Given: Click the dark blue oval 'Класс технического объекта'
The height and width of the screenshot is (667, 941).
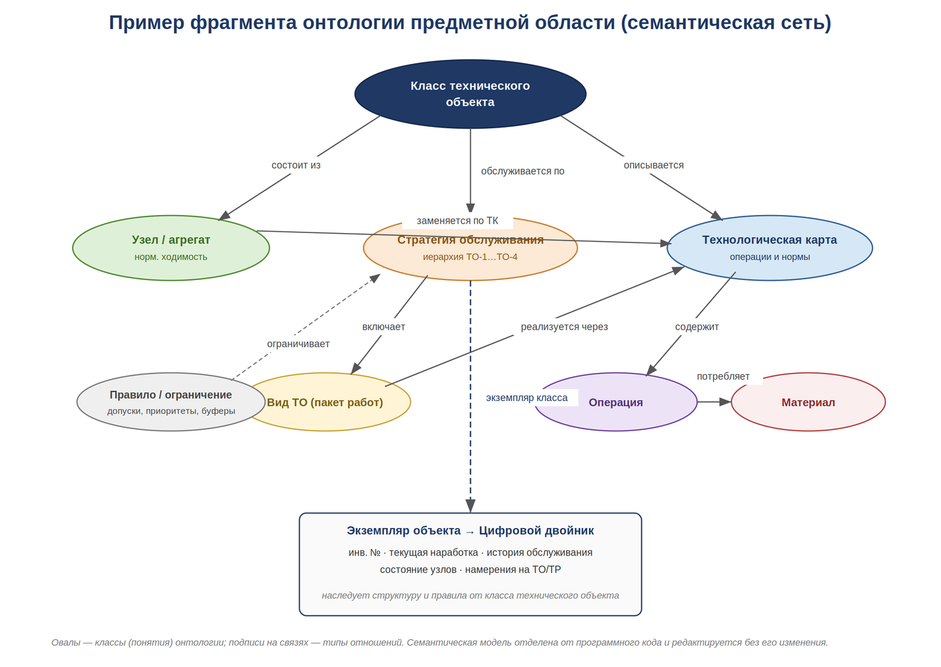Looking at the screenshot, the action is pos(470,93).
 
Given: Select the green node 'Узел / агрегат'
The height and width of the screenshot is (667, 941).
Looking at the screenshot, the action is pos(171,248).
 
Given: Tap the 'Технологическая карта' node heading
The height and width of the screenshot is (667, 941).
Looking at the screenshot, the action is pos(770,240).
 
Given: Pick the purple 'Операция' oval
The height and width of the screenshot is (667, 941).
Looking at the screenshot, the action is pos(616,402).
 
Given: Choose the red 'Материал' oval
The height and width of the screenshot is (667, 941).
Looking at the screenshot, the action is pos(808,402).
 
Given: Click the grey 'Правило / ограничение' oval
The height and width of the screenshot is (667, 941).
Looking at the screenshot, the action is pos(171,402).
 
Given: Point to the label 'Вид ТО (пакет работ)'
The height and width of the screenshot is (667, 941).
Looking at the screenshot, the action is pos(325,402).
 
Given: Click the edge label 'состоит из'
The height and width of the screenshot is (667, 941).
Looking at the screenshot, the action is pos(296,165).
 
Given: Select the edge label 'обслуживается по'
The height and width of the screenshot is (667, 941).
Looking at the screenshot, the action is pos(523,171).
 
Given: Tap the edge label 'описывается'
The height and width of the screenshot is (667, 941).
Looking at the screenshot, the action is pos(653,165).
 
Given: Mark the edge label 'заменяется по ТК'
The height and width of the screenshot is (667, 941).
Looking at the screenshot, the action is pos(458,220).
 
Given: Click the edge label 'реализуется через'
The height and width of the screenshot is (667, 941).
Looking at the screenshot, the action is pos(564,326).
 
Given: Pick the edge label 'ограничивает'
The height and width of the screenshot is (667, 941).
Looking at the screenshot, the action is pos(298,344).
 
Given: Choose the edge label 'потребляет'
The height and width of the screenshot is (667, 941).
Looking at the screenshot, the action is pos(723,376).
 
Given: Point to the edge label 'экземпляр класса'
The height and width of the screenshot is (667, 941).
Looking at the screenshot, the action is pos(527,398).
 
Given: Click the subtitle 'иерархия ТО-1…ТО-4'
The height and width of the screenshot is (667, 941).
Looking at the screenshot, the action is pos(470,257).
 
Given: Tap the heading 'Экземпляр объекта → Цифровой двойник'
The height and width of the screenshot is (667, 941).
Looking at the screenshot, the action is pos(470,531).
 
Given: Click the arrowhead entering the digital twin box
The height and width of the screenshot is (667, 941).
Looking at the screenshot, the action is pos(470,506).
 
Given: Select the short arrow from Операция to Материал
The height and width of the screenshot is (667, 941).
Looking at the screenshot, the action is pos(714,402).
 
